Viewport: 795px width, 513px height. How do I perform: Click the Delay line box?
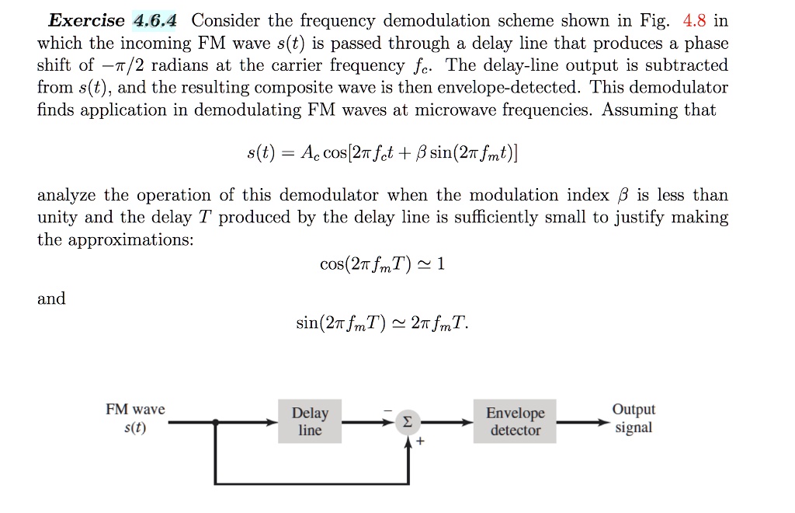(310, 422)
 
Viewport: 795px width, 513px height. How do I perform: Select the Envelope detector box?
(516, 422)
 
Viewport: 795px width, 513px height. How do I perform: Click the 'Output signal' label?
(634, 419)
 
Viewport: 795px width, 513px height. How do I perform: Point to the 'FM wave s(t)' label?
(135, 418)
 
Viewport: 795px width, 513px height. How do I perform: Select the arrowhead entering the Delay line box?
(273, 423)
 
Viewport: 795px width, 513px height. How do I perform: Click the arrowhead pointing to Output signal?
(602, 423)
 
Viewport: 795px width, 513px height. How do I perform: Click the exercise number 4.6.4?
(154, 21)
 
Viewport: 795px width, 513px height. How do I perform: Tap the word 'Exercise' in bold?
(85, 21)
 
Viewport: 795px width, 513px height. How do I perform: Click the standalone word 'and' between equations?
(51, 298)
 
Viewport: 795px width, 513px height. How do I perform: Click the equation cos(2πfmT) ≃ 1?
(382, 264)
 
